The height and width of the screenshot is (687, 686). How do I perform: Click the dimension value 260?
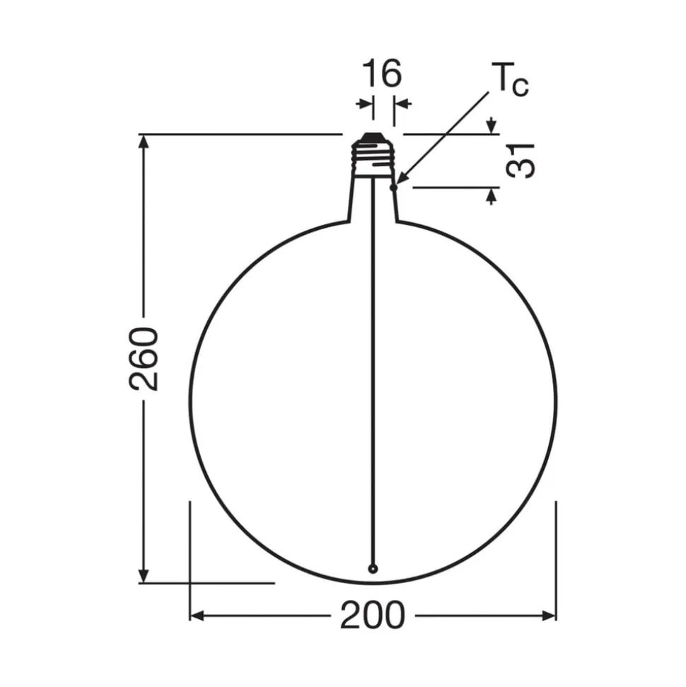pyautogui.click(x=144, y=359)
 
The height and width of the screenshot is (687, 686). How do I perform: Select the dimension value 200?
pyautogui.click(x=373, y=616)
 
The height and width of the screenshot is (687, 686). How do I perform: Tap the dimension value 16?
pyautogui.click(x=383, y=74)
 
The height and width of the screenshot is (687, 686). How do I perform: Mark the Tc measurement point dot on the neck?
pyautogui.click(x=394, y=188)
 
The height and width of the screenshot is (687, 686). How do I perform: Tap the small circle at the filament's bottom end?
pyautogui.click(x=373, y=567)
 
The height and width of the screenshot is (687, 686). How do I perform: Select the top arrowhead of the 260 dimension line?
pyautogui.click(x=144, y=140)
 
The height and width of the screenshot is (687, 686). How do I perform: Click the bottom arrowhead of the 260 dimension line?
pyautogui.click(x=144, y=576)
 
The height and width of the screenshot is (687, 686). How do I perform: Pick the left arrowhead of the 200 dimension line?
pyautogui.click(x=197, y=616)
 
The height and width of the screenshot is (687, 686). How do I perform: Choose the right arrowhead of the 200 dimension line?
pyautogui.click(x=549, y=616)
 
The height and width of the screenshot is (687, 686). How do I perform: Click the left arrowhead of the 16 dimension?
pyautogui.click(x=366, y=105)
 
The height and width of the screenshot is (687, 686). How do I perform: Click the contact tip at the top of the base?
pyautogui.click(x=373, y=137)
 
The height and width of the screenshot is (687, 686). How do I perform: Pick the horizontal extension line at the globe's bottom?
pyautogui.click(x=212, y=583)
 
